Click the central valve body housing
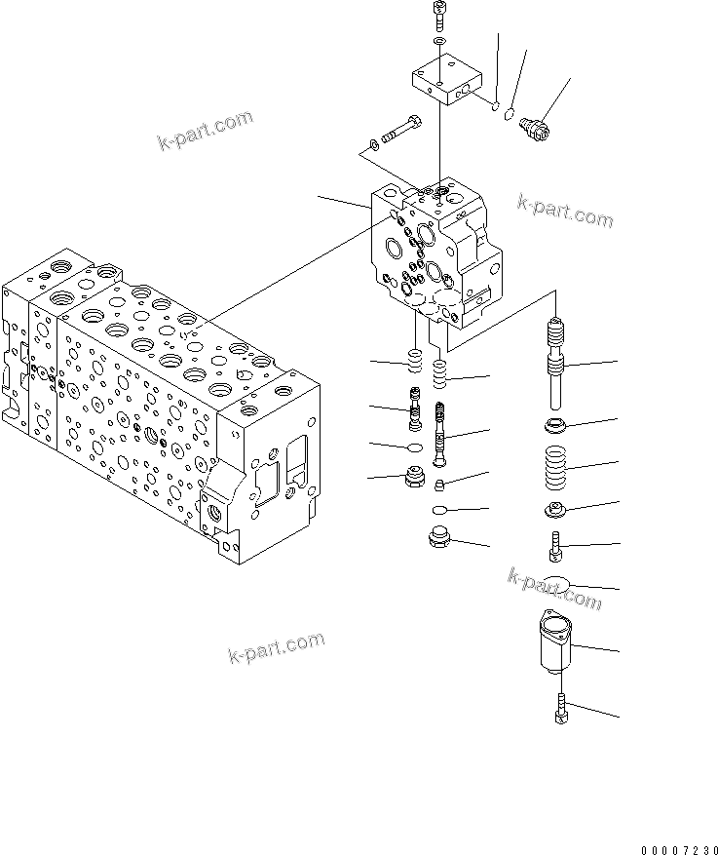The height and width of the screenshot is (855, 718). coord(438,250)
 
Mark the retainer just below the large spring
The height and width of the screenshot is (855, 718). coord(557,509)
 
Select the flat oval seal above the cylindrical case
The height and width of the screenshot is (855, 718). coord(557,585)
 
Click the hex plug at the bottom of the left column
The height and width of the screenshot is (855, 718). coord(414,479)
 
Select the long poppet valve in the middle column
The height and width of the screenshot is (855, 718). coord(440,436)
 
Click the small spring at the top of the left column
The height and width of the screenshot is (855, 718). coord(413,363)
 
